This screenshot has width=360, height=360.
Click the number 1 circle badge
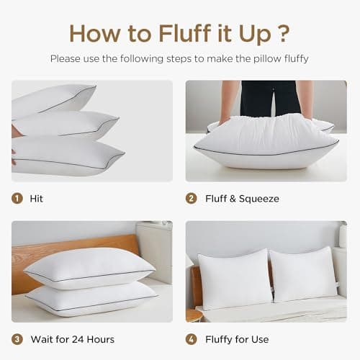[17, 198]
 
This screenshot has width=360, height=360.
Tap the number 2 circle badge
[191, 198]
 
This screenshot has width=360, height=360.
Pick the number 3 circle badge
[17, 339]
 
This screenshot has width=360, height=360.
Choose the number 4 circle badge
[191, 339]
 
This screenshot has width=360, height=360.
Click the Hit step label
[37, 198]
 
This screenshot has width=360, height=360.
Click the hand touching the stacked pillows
[14, 133]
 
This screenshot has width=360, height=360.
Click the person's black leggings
[267, 97]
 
